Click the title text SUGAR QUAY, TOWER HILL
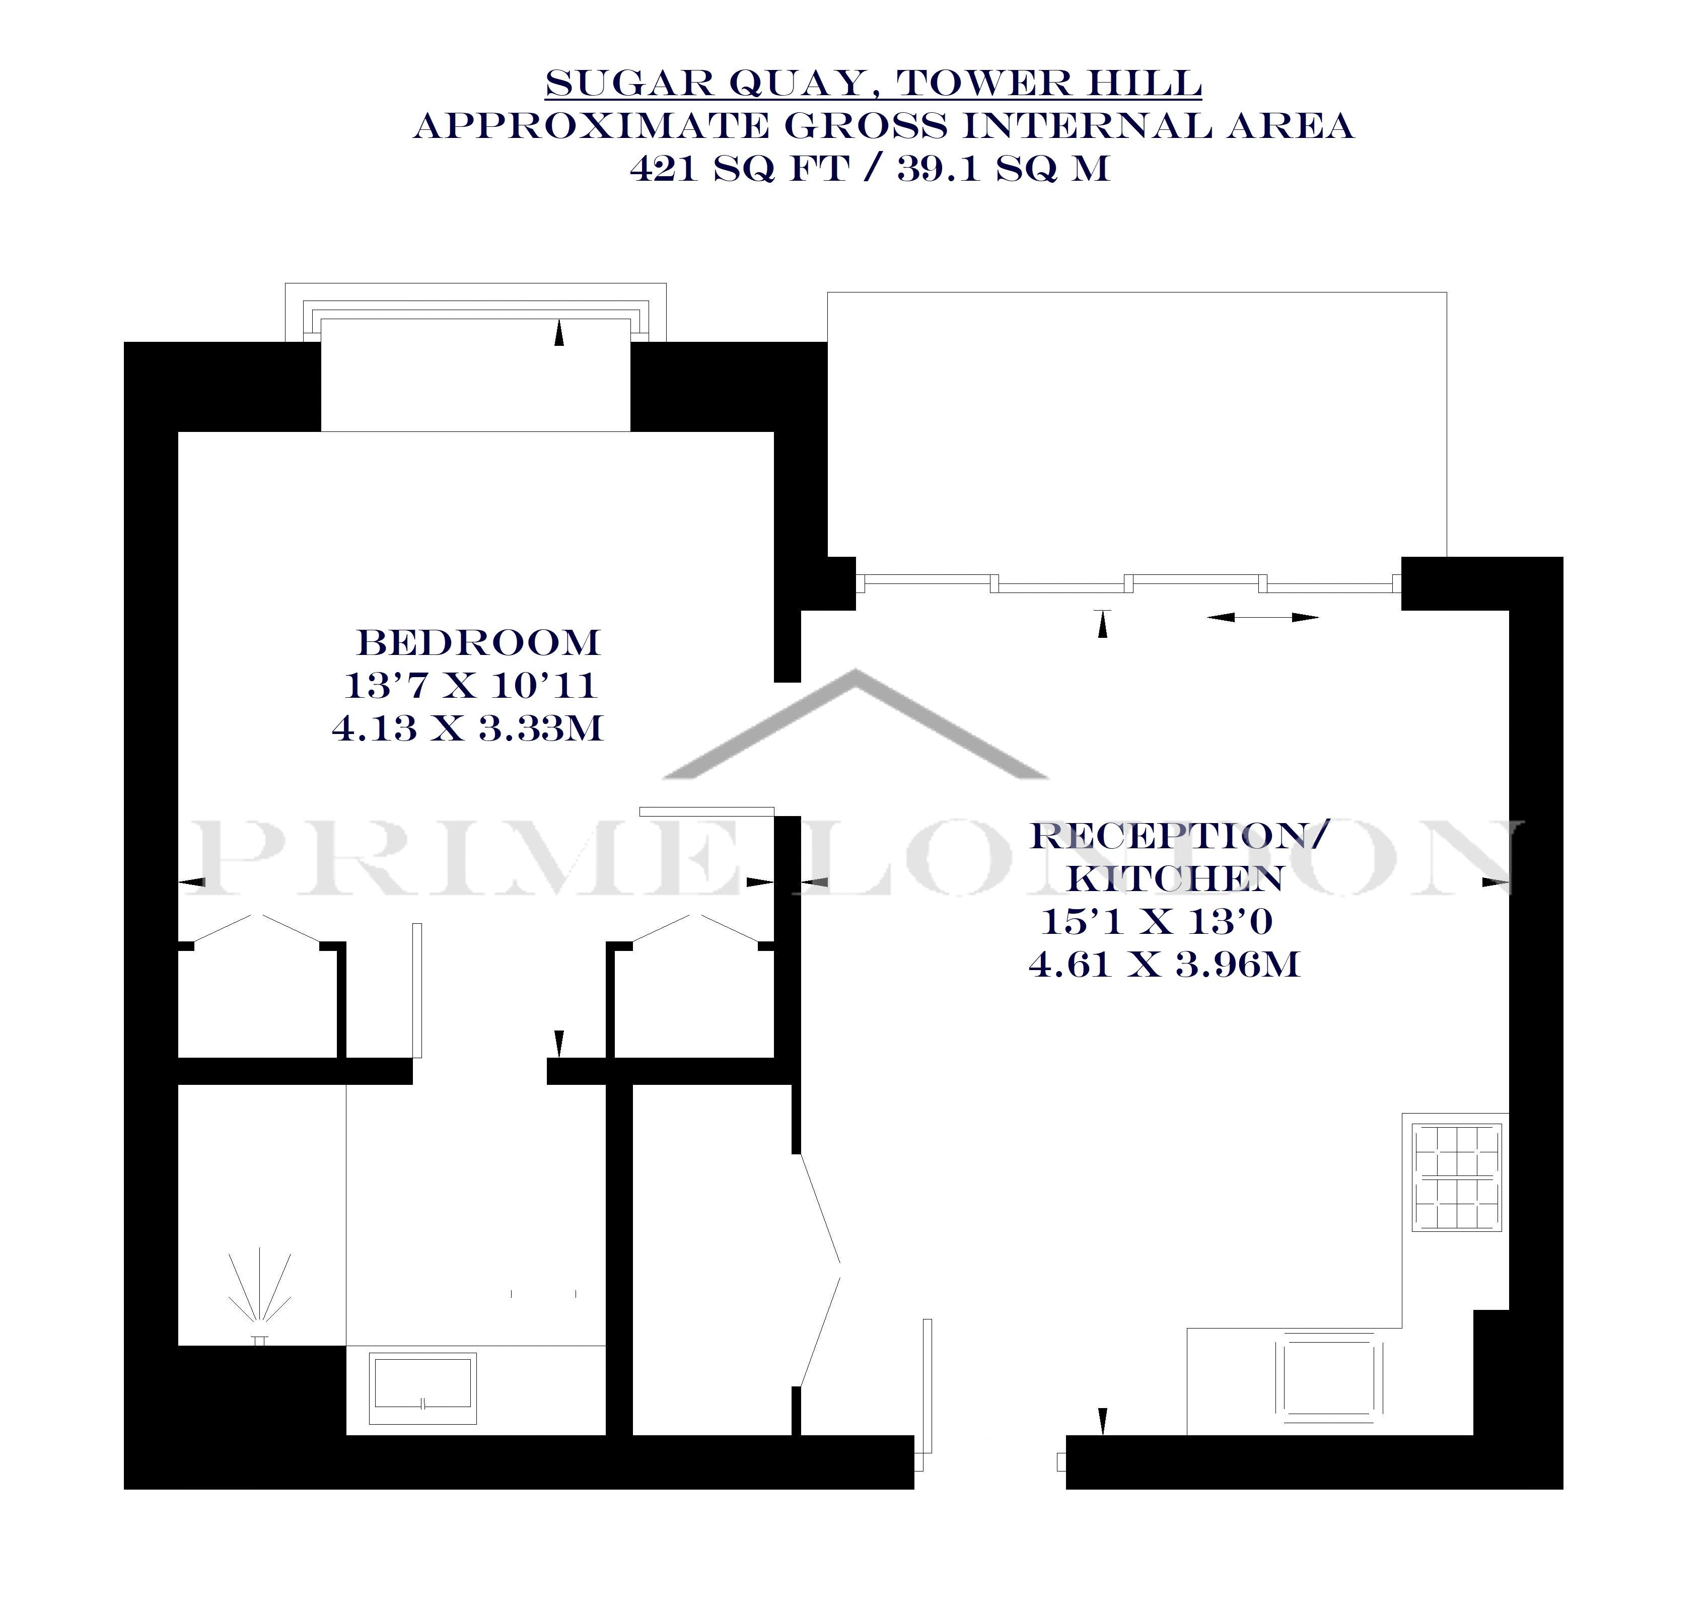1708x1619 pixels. tap(874, 84)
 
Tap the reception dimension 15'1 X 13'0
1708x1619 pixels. tap(1157, 922)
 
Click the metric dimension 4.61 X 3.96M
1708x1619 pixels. tap(1164, 964)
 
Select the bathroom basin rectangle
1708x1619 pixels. tap(423, 1388)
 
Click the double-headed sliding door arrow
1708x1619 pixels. tap(1263, 617)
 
